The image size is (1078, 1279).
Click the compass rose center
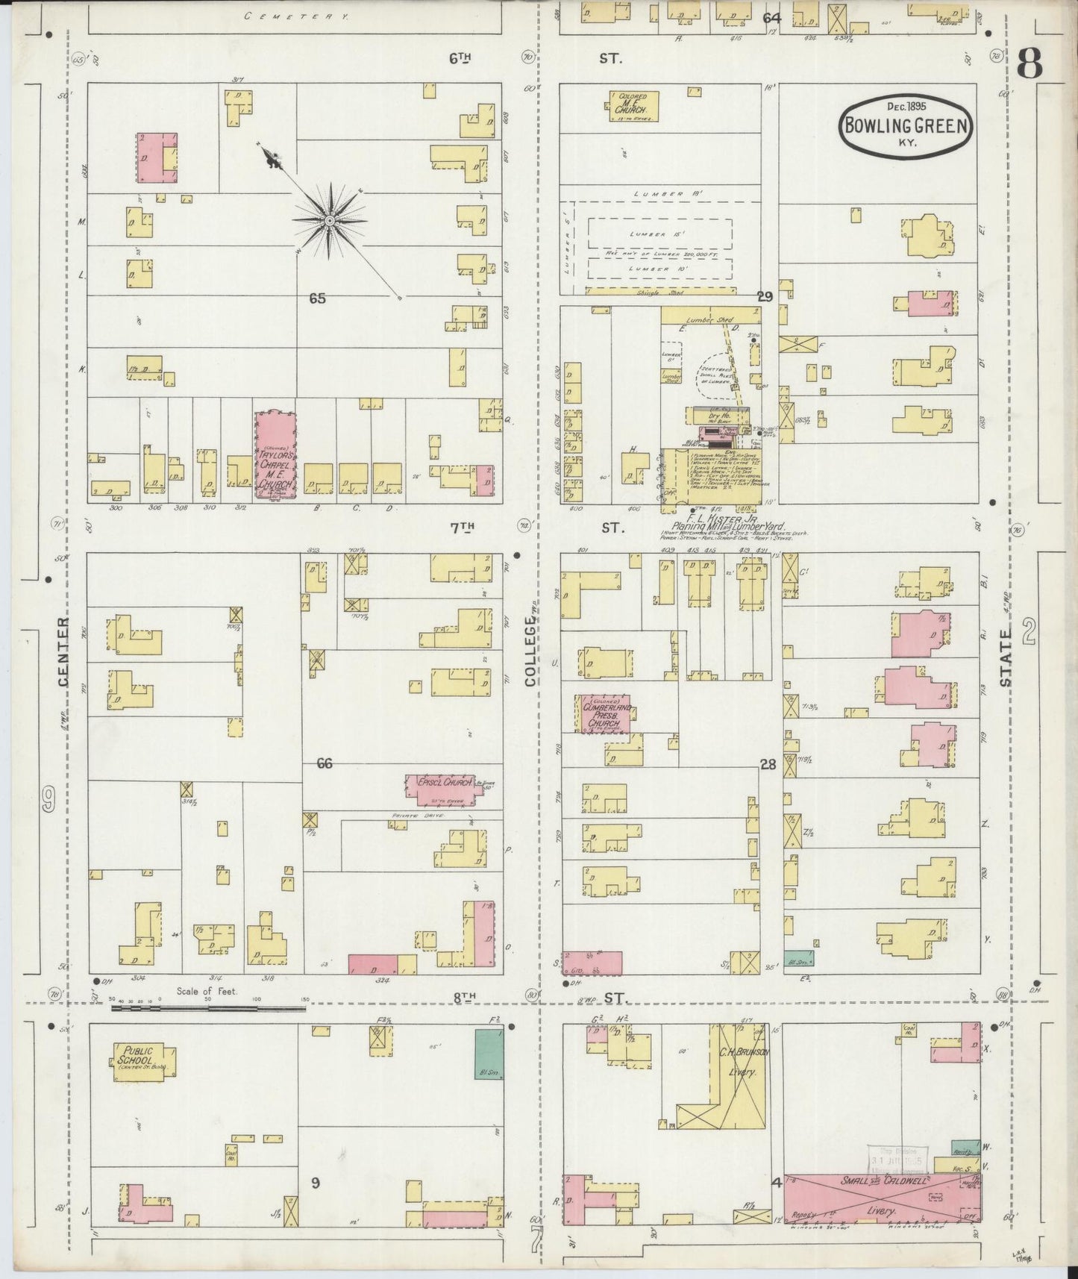click(x=329, y=220)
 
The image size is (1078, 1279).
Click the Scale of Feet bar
click(x=209, y=1008)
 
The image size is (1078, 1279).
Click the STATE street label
click(x=1006, y=657)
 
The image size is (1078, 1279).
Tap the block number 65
click(x=318, y=298)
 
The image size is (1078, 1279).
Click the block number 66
click(x=324, y=763)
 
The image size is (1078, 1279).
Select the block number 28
click(x=768, y=763)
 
